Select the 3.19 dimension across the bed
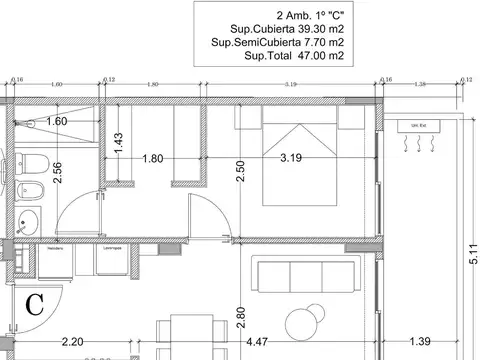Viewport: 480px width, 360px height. coord(291,158)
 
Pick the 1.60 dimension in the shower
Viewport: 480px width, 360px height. coord(57,121)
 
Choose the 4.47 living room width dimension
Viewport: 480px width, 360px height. coord(257,343)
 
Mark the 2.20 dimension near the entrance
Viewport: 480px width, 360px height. coord(72,343)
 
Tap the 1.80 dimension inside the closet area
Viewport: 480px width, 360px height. coord(152,158)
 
